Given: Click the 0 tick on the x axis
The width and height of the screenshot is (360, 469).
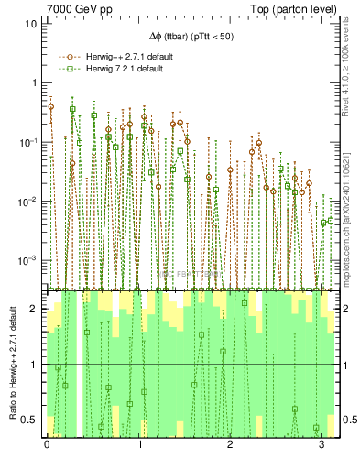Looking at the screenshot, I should [x=47, y=445].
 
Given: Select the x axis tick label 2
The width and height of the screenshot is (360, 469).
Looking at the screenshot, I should [x=231, y=445].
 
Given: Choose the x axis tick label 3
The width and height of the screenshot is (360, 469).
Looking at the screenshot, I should [x=322, y=445].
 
